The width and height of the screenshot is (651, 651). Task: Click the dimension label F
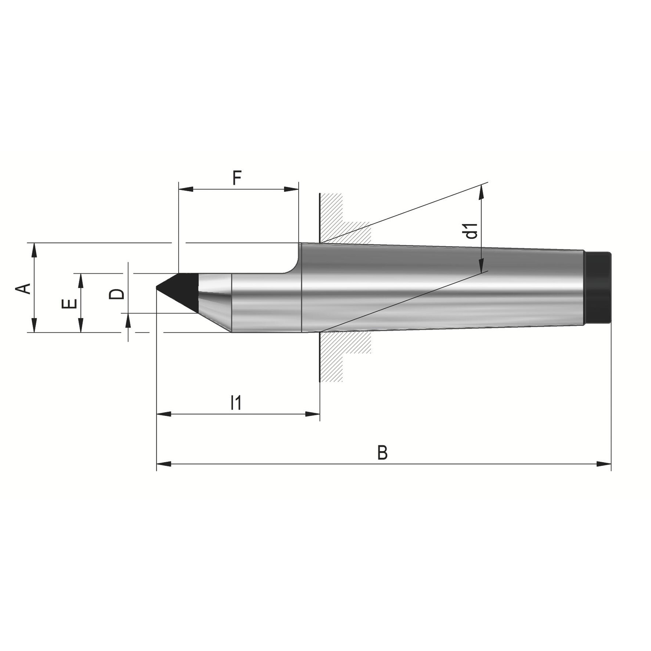point(237,178)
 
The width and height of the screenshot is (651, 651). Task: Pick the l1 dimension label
point(236,403)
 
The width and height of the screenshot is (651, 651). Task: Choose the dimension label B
point(382,452)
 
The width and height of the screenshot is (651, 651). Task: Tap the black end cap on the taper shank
point(598,288)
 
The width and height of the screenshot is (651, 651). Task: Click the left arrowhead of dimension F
point(186,189)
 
